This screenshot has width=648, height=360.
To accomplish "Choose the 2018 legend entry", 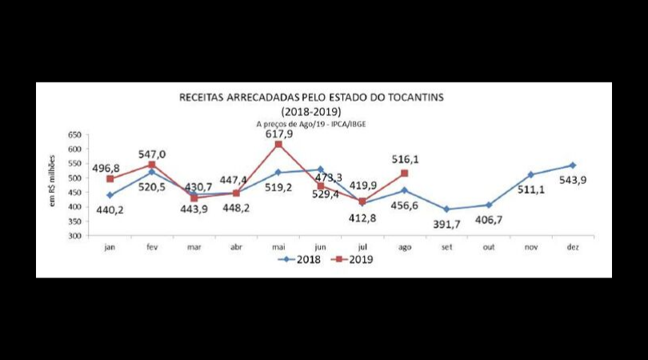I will click(x=298, y=259).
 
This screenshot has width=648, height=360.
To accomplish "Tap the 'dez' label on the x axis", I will click(x=572, y=246).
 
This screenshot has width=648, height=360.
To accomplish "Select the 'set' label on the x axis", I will click(x=446, y=246).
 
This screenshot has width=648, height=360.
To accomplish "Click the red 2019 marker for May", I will click(x=278, y=144).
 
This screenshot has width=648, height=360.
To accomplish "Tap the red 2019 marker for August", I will click(x=404, y=173).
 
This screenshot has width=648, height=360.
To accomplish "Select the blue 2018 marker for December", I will click(x=572, y=166).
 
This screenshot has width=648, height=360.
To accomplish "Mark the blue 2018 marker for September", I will click(x=446, y=210).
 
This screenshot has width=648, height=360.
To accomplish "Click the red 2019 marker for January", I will click(x=110, y=178).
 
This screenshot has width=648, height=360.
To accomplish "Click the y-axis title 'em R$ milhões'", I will click(x=55, y=184).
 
